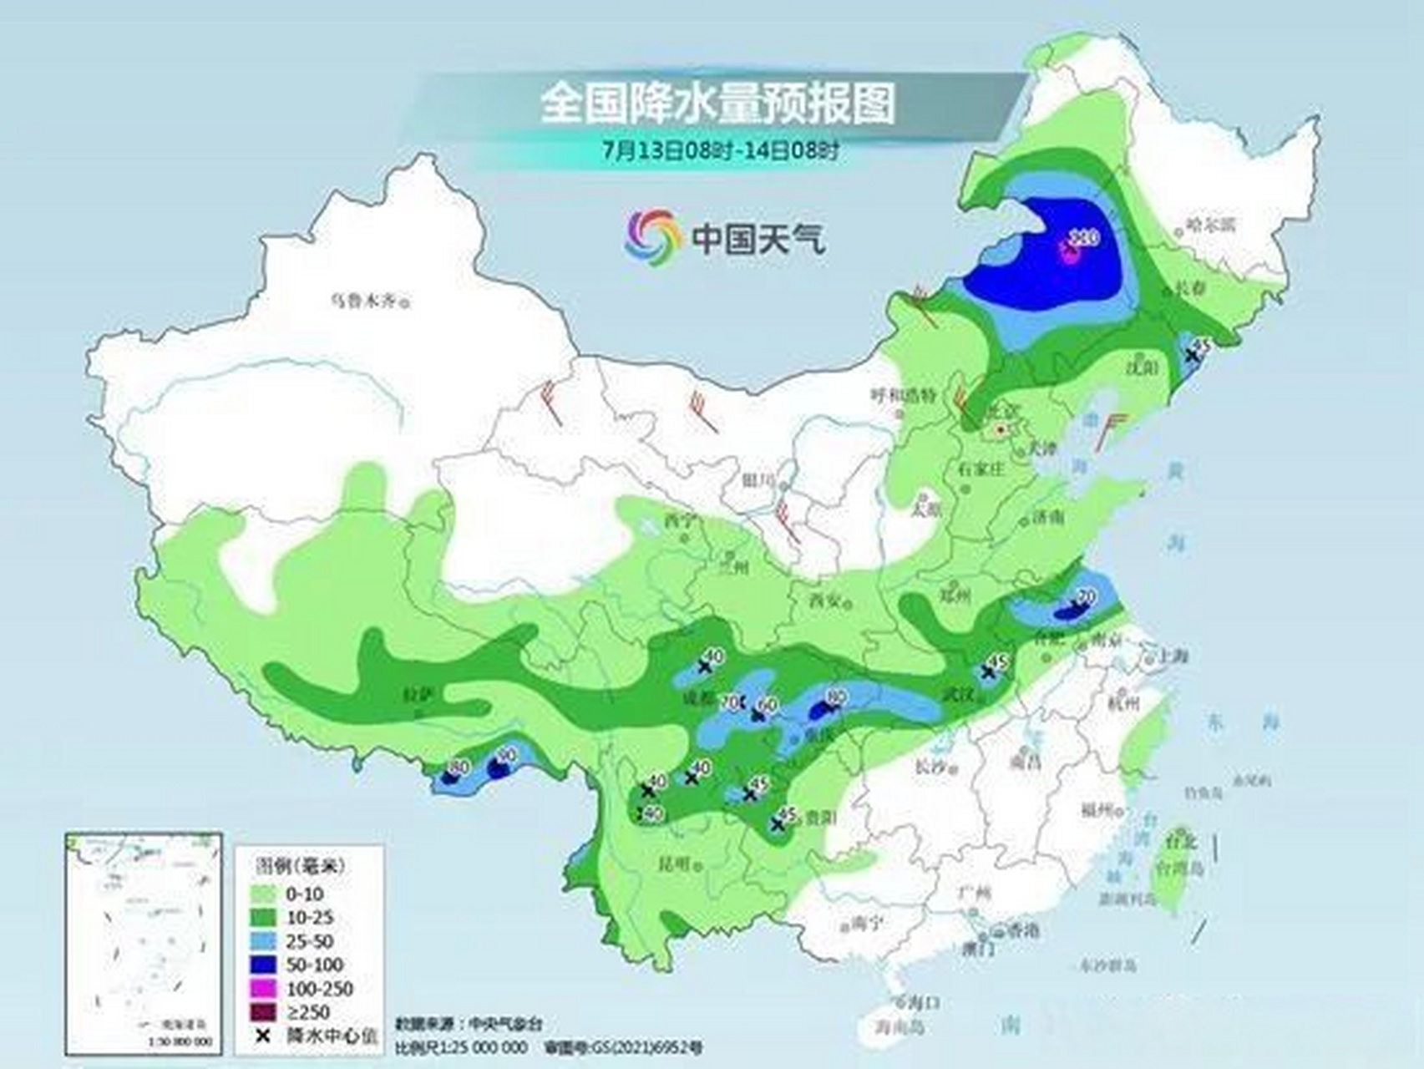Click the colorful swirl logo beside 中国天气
pyautogui.click(x=652, y=236)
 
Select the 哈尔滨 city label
pyautogui.click(x=1210, y=225)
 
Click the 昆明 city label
pyautogui.click(x=676, y=864)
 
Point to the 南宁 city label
pyautogui.click(x=864, y=923)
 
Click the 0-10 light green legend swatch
pyautogui.click(x=267, y=894)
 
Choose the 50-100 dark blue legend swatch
pyautogui.click(x=267, y=965)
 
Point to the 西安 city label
pyautogui.click(x=823, y=600)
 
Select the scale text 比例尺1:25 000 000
pyautogui.click(x=460, y=1046)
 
